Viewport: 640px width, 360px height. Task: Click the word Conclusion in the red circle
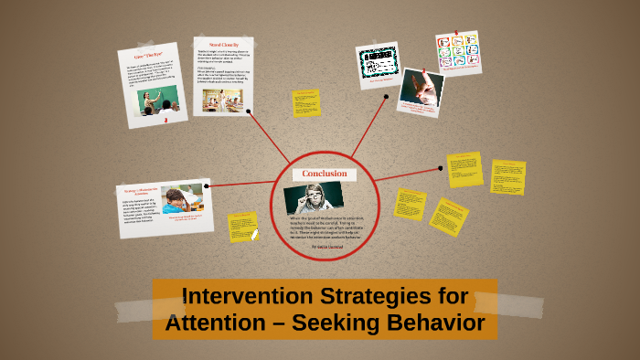click(x=324, y=174)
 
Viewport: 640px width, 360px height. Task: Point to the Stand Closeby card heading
click(x=223, y=44)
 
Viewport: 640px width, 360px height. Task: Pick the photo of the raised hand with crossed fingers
click(x=421, y=89)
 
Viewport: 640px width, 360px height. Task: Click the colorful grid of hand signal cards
click(x=457, y=53)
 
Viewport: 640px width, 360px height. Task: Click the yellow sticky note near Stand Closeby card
click(x=306, y=102)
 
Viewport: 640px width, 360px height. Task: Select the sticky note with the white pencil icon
click(x=244, y=227)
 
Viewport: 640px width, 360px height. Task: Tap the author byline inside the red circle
click(x=325, y=246)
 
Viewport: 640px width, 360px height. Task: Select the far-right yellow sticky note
click(x=507, y=177)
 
